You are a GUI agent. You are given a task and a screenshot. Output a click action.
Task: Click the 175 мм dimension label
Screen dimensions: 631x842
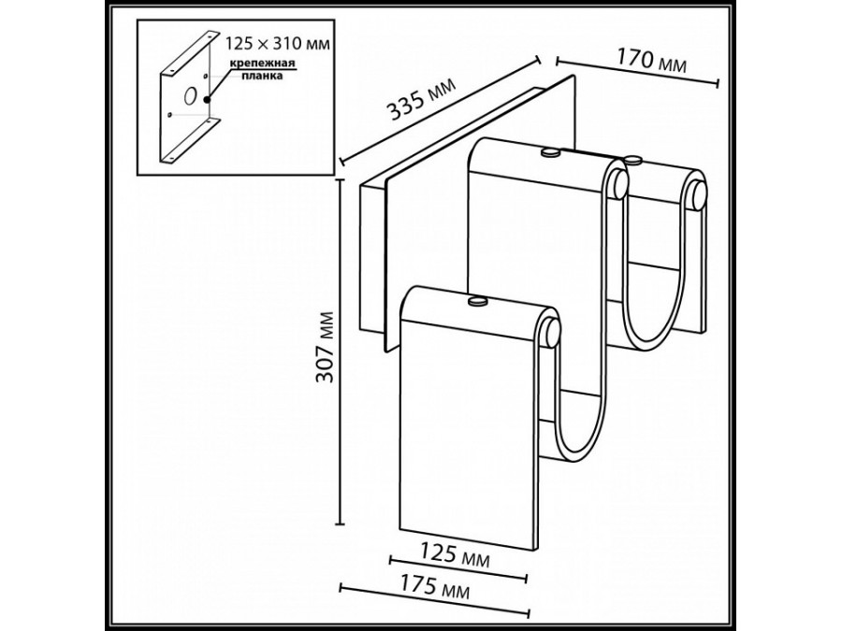(436, 589)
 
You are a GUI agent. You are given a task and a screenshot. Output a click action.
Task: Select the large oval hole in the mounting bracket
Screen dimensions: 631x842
(190, 95)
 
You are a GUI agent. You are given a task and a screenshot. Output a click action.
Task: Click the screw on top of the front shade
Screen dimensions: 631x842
(478, 301)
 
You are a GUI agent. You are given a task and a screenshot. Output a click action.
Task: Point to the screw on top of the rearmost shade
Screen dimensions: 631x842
(635, 160)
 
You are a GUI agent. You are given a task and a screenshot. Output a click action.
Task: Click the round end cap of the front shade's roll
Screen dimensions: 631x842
(550, 331)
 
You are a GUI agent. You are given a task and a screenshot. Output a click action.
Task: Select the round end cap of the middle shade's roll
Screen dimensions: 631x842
(618, 183)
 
